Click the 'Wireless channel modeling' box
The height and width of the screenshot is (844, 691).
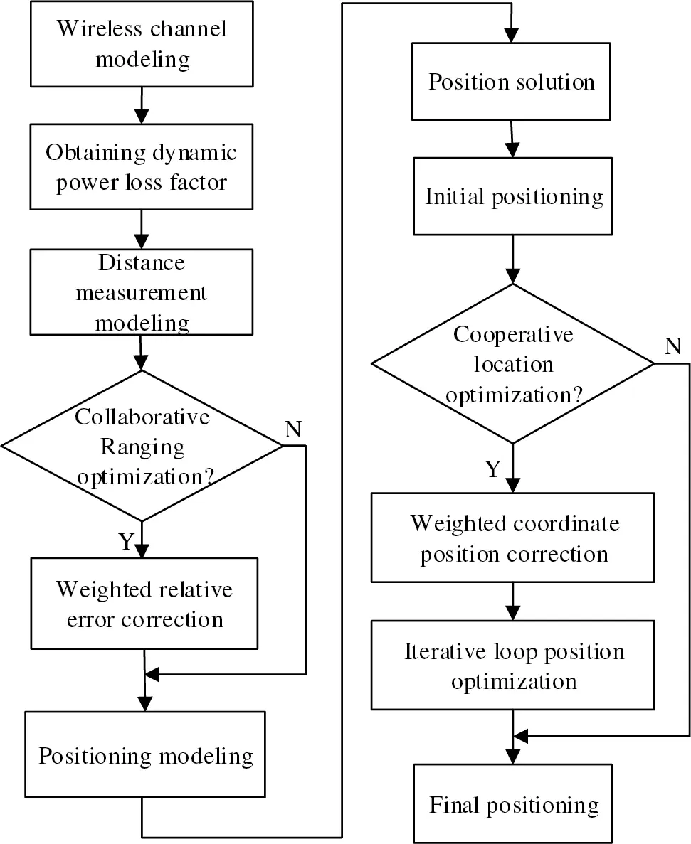[142, 43]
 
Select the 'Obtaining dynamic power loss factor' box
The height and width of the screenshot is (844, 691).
[142, 167]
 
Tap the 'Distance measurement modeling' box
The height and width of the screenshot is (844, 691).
[142, 292]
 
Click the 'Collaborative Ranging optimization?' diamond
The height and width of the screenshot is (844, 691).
[142, 446]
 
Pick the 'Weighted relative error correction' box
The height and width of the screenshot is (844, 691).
[144, 604]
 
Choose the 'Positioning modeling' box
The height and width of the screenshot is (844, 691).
[145, 755]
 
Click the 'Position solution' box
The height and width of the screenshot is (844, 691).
[512, 82]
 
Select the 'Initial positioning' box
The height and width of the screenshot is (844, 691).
[513, 196]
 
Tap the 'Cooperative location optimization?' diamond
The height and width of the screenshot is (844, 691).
[512, 364]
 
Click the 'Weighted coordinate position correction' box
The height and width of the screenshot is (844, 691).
[513, 538]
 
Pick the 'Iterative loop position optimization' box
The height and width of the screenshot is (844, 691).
[513, 666]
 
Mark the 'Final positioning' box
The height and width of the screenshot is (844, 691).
[513, 805]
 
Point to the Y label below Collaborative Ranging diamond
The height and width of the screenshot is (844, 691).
[126, 542]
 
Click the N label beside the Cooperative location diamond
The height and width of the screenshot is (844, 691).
[672, 347]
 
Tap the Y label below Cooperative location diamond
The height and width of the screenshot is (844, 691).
[493, 469]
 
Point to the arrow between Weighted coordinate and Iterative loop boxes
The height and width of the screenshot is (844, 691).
[513, 602]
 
